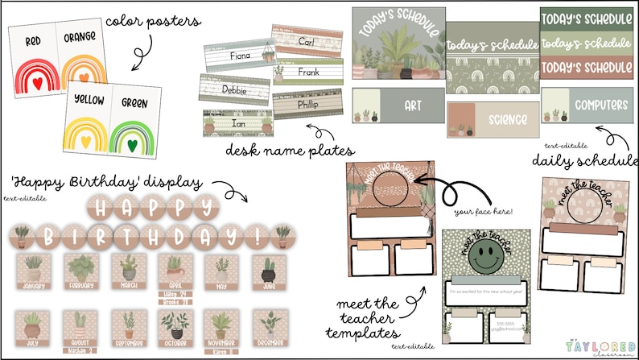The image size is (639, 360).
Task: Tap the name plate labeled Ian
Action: coord(239,125)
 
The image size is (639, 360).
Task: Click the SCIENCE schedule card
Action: coord(493,120)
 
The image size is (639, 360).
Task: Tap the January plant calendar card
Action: coord(35,274)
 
